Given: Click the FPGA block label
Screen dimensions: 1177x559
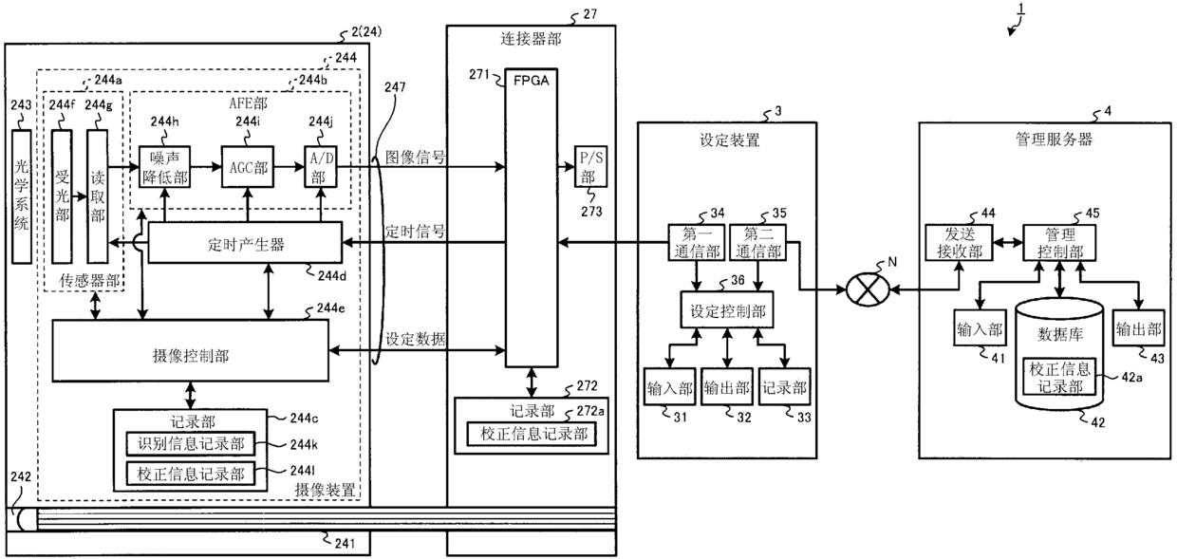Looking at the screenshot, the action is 532,81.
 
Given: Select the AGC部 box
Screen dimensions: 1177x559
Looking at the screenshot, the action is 248,166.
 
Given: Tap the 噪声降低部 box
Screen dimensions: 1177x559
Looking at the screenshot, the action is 164,166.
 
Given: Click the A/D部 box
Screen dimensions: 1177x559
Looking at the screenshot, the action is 321,166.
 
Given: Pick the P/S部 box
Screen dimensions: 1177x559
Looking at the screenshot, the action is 590,166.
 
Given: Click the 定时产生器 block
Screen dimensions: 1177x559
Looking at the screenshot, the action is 246,243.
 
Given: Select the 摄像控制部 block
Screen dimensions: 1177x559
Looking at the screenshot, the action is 190,350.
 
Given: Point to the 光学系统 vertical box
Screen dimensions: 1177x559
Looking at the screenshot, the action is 22,196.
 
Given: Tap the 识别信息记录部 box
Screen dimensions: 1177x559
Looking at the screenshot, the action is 190,444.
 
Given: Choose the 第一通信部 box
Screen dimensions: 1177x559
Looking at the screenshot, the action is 697,242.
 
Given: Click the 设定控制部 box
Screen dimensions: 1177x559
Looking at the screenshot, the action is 727,310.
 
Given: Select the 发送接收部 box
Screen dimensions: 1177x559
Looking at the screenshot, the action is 959,243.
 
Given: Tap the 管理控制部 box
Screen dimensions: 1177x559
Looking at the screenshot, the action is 1059,243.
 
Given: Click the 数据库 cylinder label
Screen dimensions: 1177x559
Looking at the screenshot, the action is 1060,334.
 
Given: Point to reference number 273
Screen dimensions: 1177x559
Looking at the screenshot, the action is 591,212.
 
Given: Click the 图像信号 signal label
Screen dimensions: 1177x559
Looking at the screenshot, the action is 415,158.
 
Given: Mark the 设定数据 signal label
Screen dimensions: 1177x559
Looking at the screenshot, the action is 415,339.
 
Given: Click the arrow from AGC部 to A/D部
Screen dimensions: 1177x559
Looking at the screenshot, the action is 289,167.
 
